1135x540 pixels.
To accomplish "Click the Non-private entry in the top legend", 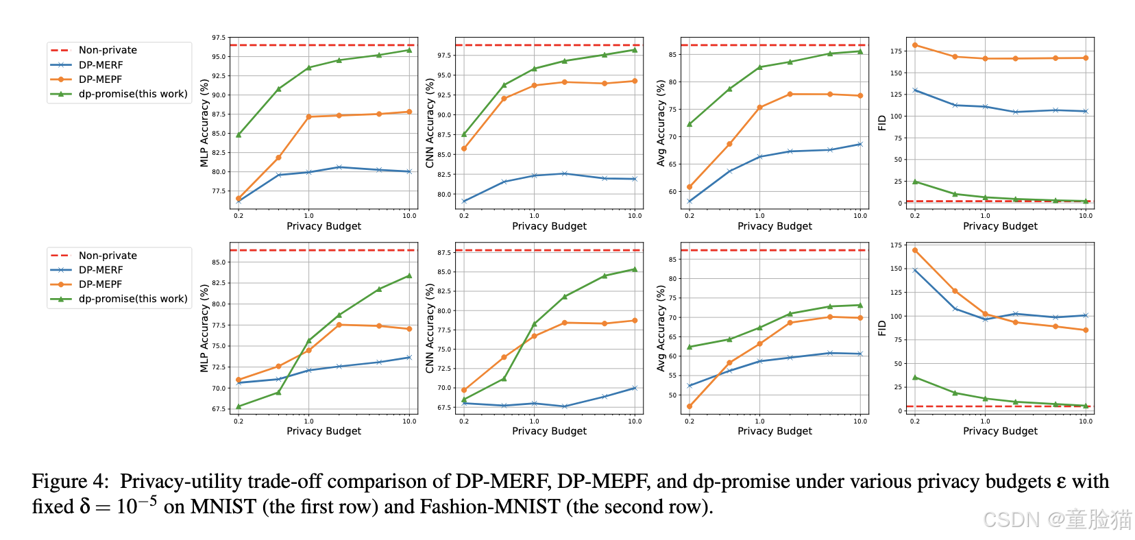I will [x=108, y=50].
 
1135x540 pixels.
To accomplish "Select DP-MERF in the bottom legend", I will [x=101, y=270].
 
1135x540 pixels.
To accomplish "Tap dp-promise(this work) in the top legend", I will [x=133, y=94].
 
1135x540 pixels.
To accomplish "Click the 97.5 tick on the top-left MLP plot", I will [x=219, y=38].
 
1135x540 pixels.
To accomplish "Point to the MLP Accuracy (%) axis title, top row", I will [x=204, y=123].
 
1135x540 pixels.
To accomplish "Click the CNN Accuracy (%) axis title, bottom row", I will [x=430, y=328].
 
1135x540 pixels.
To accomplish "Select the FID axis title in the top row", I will [x=882, y=123].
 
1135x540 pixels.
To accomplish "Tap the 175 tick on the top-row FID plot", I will [x=896, y=51].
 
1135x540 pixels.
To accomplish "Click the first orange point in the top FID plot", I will [x=915, y=45].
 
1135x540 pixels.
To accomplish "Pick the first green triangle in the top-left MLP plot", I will [x=239, y=134].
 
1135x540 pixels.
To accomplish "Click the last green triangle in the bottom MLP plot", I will [x=409, y=275].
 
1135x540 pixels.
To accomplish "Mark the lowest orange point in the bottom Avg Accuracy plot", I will [x=689, y=406].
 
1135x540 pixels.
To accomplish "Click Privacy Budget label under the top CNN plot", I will [x=549, y=226].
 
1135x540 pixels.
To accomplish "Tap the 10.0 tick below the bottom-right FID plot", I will [x=1086, y=421].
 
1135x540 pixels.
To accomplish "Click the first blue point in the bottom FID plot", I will [x=915, y=270].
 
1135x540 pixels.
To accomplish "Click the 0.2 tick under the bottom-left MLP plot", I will [x=239, y=421].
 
